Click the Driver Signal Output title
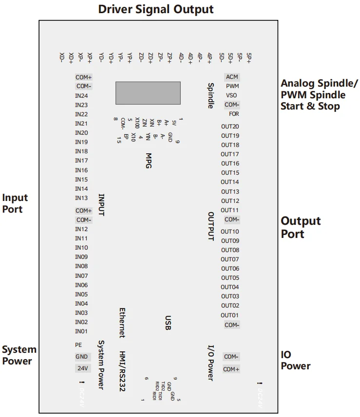(x=155, y=9)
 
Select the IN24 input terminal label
(x=81, y=96)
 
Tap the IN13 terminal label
(x=81, y=198)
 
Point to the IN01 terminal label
(x=81, y=331)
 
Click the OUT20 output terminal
(x=230, y=127)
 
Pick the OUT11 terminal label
(x=230, y=210)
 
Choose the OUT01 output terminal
(x=230, y=315)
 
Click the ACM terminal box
(x=232, y=77)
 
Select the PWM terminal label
(x=232, y=86)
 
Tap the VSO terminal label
(x=232, y=95)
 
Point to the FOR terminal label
(x=234, y=114)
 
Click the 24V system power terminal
(x=81, y=368)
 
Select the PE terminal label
(x=78, y=344)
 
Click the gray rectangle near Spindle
(x=148, y=92)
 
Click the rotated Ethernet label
(x=123, y=322)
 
